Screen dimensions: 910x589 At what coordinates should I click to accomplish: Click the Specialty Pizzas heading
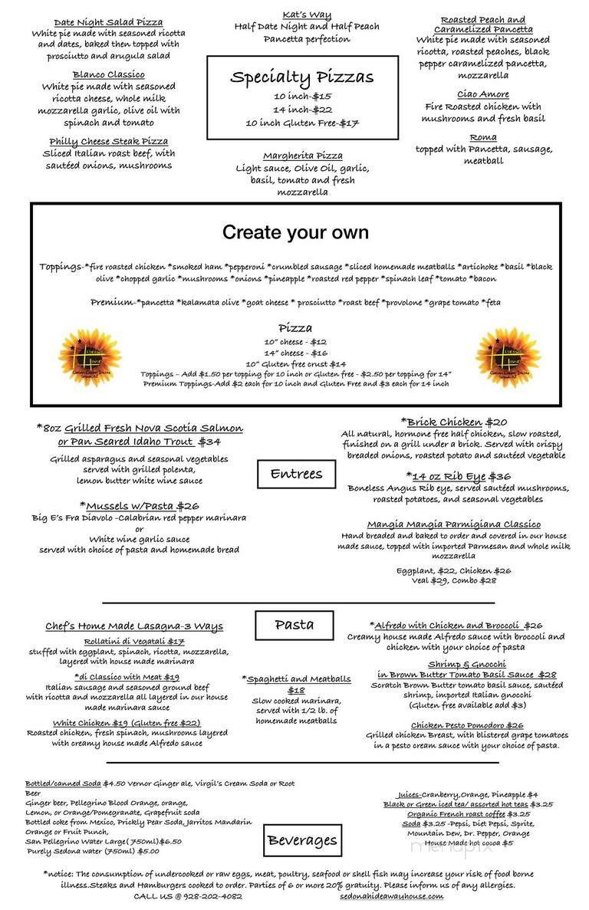pos(302,77)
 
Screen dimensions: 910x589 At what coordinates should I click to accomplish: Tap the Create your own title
pos(295,232)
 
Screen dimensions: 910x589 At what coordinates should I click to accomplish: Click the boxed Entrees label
pos(295,474)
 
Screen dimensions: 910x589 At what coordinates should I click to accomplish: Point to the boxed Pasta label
pos(294,625)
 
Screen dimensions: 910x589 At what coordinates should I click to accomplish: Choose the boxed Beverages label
pos(302,840)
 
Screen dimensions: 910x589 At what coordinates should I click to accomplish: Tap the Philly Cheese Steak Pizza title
pos(108,141)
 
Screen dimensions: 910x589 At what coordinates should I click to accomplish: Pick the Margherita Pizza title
pos(302,156)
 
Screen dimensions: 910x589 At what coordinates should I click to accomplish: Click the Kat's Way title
pos(306,15)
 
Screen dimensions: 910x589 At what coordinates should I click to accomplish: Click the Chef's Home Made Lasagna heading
pos(133,626)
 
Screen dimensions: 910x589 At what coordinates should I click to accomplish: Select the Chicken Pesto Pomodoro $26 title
pos(466,725)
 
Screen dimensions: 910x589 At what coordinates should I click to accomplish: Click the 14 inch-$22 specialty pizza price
pos(302,110)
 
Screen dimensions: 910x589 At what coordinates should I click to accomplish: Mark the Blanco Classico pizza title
pos(108,74)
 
